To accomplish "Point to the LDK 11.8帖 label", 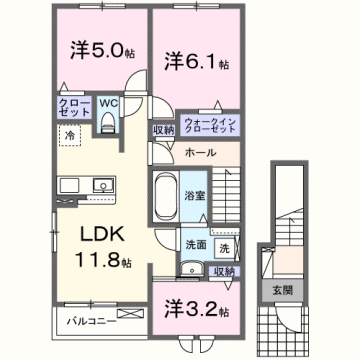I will pos(97,249).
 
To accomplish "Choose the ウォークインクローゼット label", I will pos(210,127).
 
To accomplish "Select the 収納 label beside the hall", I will pos(164,130).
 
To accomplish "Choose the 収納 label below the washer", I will pos(223,270).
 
